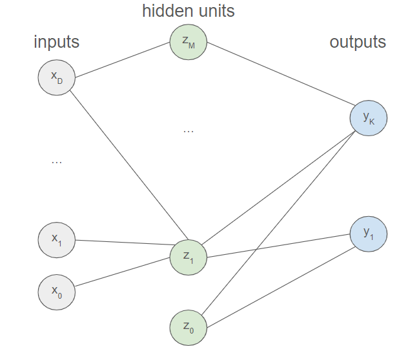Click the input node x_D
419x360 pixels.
pos(57,77)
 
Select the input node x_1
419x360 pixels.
pos(57,240)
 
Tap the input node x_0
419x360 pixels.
pos(57,292)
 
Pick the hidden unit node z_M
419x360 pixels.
pos(189,42)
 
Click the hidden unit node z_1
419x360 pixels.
pos(189,257)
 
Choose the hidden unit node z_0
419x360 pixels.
pos(189,328)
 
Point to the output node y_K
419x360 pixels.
pos(369,118)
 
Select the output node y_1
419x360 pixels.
pos(369,234)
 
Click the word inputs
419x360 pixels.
pos(57,42)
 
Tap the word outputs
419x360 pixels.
pos(358,42)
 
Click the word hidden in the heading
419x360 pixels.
pos(164,11)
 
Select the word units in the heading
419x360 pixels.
pos(212,11)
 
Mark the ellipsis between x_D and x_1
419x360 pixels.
pos(57,162)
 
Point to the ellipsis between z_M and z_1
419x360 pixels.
pos(189,132)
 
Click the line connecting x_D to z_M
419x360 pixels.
pos(123,60)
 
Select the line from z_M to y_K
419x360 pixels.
pos(281,74)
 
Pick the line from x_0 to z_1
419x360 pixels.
pos(123,272)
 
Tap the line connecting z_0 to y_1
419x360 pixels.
pos(281,287)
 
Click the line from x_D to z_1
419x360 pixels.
pos(129,165)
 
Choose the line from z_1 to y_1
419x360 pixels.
pos(278,246)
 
